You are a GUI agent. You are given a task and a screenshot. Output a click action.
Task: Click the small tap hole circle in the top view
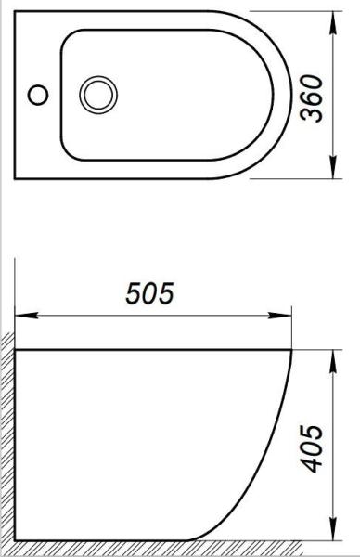coord(38,94)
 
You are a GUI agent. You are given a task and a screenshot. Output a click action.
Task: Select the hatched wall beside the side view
coord(8,436)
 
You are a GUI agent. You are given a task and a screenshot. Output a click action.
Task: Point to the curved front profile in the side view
coord(269,464)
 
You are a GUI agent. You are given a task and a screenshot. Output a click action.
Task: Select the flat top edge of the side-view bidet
coord(148,352)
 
